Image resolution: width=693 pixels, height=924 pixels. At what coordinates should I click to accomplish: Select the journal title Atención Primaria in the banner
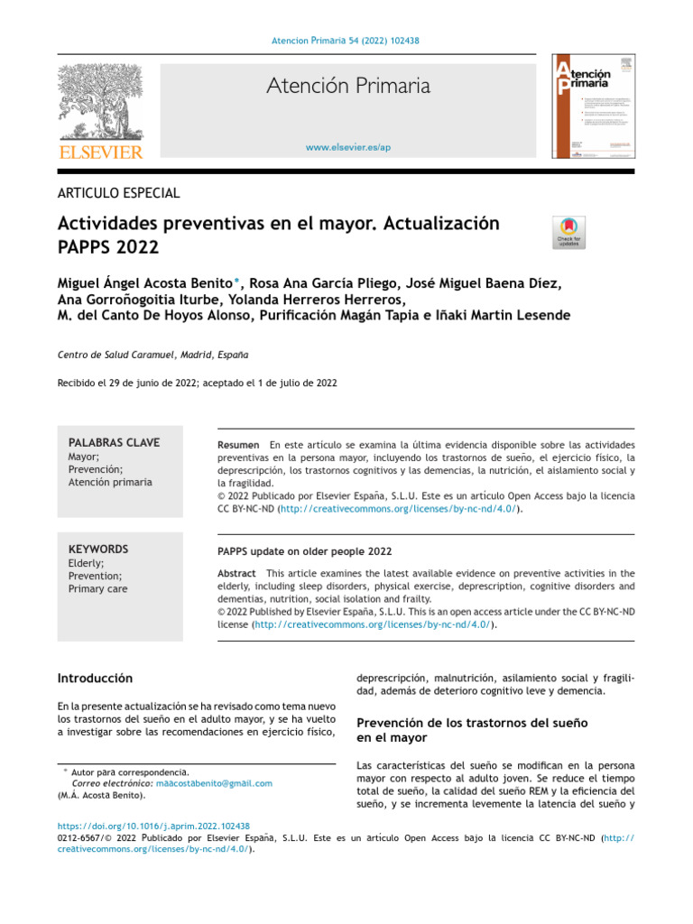pyautogui.click(x=347, y=87)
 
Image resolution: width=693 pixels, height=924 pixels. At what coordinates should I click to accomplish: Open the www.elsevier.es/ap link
pyautogui.click(x=347, y=147)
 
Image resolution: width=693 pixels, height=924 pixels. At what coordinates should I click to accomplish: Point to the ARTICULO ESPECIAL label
pyautogui.click(x=118, y=192)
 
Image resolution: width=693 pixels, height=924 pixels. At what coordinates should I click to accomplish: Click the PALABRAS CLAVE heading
pyautogui.click(x=114, y=442)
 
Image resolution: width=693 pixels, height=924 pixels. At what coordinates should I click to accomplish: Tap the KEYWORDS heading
pyautogui.click(x=98, y=549)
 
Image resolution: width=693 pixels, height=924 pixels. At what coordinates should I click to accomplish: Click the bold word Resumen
pyautogui.click(x=239, y=446)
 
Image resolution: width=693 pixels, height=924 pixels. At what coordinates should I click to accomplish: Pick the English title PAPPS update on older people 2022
pyautogui.click(x=304, y=551)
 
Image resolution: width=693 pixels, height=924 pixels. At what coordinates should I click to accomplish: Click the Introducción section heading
pyautogui.click(x=95, y=678)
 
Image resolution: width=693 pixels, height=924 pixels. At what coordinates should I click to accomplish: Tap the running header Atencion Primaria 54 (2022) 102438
pyautogui.click(x=346, y=41)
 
